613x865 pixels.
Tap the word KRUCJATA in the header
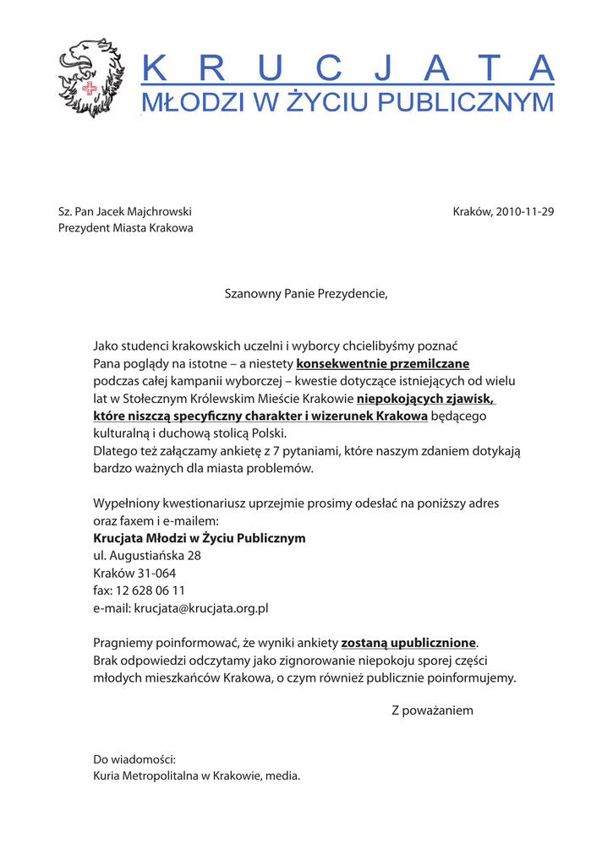coord(347,67)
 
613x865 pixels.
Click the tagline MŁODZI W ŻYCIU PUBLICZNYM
coord(347,102)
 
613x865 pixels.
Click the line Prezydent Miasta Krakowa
coord(125,228)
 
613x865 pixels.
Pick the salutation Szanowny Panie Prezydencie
coord(306,294)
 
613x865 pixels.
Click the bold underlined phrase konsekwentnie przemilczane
coord(382,364)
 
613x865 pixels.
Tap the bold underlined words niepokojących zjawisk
coord(425,399)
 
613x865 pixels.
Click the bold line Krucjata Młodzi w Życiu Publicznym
coord(199,538)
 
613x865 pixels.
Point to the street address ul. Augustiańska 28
coord(146,556)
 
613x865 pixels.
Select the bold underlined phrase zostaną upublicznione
coord(408,642)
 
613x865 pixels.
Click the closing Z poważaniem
coord(432,710)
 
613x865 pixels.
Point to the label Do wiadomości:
coord(134,759)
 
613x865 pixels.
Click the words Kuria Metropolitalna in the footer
coord(145,775)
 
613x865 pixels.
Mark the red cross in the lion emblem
coord(87,90)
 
